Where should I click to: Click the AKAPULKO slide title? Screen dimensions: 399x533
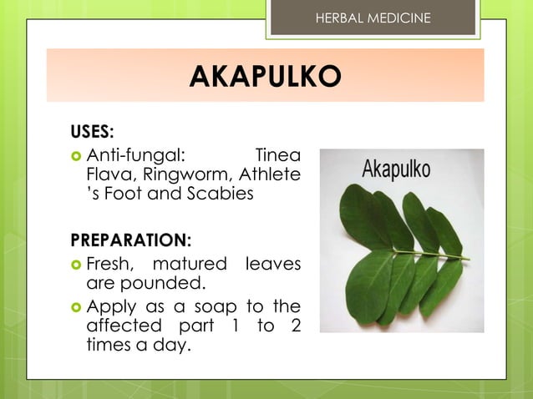coord(265,78)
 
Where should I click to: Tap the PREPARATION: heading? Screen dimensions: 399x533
coord(130,240)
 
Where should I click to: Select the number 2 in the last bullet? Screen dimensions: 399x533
coord(295,324)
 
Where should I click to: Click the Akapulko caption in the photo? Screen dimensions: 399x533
coord(396,169)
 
